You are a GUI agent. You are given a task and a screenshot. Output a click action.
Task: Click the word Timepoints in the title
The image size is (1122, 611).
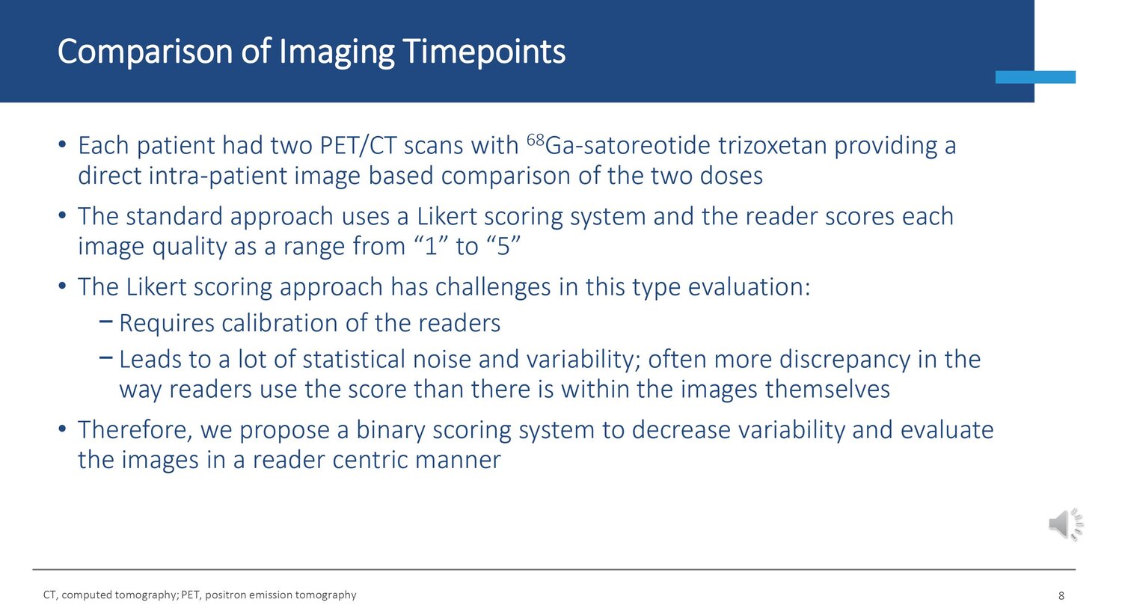pos(484,52)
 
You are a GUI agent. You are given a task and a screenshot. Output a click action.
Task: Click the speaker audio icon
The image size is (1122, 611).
pos(1066,524)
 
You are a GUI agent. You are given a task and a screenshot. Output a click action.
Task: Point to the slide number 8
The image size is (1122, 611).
pos(1061,595)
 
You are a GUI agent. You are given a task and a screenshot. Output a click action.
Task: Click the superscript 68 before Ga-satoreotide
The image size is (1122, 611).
pos(535,140)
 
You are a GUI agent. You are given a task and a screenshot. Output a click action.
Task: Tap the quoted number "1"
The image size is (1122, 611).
pos(430,246)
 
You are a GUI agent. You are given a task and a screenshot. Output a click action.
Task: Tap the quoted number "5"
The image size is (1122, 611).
pos(503,246)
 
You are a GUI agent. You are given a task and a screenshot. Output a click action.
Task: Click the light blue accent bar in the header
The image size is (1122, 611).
pos(1035,77)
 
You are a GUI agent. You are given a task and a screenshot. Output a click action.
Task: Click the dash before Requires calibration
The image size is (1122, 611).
pos(105,322)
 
